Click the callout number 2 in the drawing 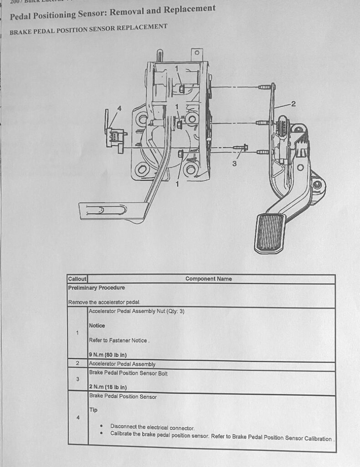(x=293, y=104)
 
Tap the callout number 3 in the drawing (x=235, y=164)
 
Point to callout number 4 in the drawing (x=119, y=109)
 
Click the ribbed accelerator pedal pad (x=270, y=233)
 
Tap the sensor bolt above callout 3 (x=240, y=147)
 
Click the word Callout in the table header (x=77, y=279)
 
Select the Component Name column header (x=208, y=279)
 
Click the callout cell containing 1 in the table (x=77, y=332)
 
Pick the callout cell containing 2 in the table (x=77, y=364)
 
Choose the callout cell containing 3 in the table (x=77, y=379)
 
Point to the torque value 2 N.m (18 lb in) (x=108, y=388)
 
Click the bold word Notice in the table (x=97, y=326)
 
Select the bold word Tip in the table (x=93, y=410)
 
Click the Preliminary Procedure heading (x=96, y=288)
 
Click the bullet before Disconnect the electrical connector (x=101, y=425)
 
